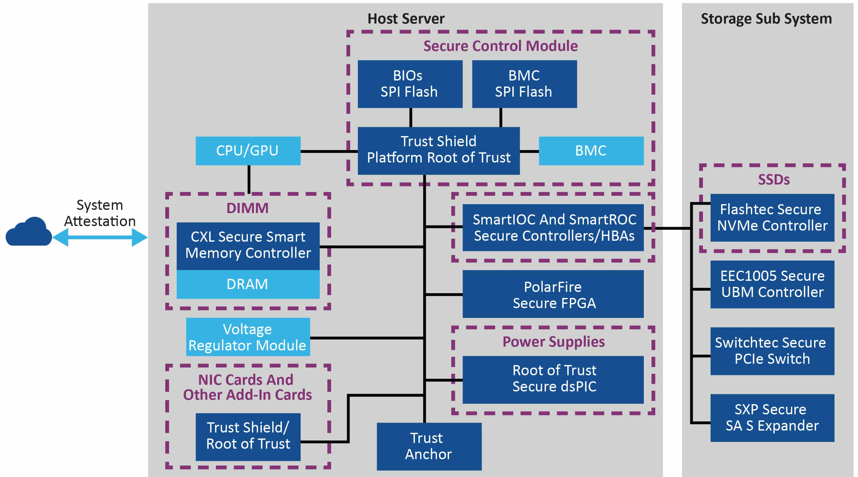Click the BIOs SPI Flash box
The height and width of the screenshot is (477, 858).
click(x=410, y=84)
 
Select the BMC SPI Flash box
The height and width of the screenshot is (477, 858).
click(x=524, y=84)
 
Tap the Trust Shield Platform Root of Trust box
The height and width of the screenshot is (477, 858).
click(x=438, y=150)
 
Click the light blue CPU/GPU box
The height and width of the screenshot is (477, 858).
click(x=248, y=151)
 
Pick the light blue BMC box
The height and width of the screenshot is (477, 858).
click(x=591, y=151)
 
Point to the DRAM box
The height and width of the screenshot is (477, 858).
click(x=248, y=284)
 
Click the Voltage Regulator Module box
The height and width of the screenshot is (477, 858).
click(x=248, y=337)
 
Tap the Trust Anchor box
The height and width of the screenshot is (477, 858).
click(x=429, y=446)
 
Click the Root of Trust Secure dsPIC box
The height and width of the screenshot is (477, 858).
click(x=553, y=380)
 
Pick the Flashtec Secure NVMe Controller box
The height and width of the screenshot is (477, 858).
click(x=772, y=218)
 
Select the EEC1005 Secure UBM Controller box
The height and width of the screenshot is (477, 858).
click(x=772, y=284)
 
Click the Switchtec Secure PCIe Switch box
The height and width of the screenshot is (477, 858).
click(x=772, y=351)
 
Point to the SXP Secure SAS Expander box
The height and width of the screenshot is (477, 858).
click(x=772, y=418)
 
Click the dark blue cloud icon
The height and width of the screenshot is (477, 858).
click(x=29, y=232)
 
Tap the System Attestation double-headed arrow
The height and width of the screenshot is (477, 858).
click(x=100, y=237)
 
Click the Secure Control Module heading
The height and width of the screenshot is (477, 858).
click(x=500, y=46)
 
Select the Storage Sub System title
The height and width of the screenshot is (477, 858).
click(x=766, y=19)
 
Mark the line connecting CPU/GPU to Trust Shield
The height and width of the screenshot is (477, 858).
click(x=329, y=151)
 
